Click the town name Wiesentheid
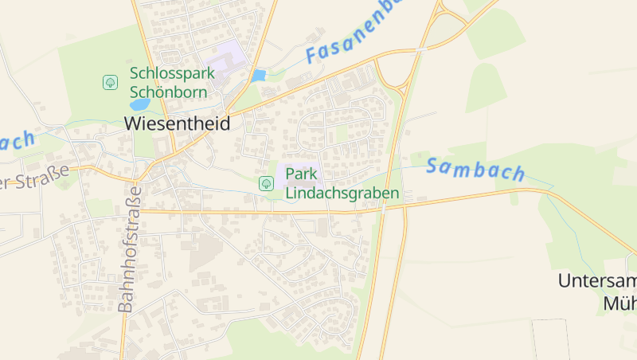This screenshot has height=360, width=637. [x=177, y=123]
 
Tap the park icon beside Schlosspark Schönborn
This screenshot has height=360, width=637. [x=110, y=82]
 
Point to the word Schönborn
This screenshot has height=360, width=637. [x=168, y=92]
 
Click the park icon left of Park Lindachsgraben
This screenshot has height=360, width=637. [x=266, y=183]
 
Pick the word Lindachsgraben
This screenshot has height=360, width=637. [x=342, y=194]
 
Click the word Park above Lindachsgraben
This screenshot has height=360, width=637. [x=302, y=174]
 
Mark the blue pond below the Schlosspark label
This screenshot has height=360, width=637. [x=139, y=104]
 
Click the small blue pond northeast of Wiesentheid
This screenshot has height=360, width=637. [x=257, y=76]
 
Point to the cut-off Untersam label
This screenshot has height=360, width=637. [x=597, y=281]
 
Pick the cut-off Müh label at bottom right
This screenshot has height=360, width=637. [x=619, y=303]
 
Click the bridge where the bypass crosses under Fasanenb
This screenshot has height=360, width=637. [x=420, y=49]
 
